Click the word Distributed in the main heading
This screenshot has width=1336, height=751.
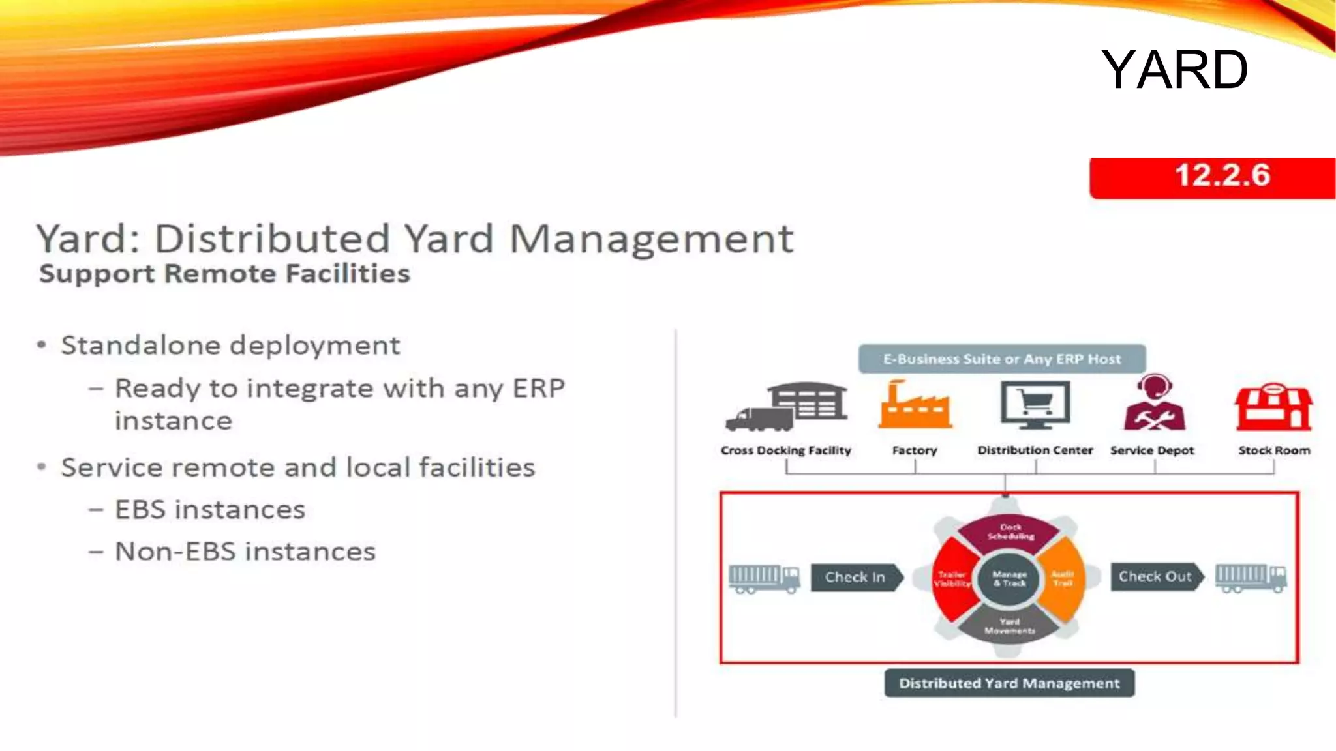point(271,239)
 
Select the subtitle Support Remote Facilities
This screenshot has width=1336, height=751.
point(224,274)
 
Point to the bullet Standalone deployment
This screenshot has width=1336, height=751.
point(230,346)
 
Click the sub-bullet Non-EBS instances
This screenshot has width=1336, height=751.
point(245,552)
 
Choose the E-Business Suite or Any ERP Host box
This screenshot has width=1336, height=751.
point(1002,359)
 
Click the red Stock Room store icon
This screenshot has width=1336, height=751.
point(1273,407)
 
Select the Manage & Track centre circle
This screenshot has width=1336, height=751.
point(1009,578)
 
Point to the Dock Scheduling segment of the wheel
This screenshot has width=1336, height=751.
point(1010,533)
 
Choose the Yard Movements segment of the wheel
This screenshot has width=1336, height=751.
point(1009,626)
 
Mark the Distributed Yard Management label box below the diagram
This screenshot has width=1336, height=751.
point(1009,683)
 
